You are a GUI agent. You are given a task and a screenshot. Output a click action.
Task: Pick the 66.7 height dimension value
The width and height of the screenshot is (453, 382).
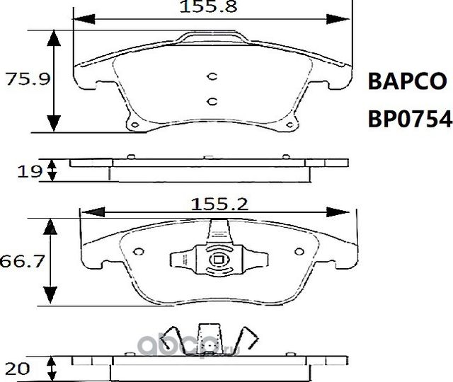click(23, 262)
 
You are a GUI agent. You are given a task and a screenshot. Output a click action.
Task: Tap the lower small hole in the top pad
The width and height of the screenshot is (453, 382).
click(211, 101)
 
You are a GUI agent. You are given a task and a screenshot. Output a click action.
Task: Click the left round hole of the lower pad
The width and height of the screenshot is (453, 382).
click(139, 250)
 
